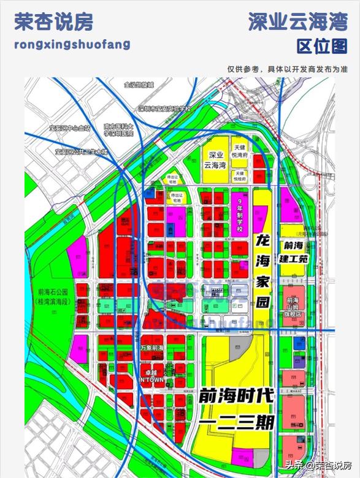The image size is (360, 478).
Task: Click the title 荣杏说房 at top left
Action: coord(53,23)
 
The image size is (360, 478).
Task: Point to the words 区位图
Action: coord(321,46)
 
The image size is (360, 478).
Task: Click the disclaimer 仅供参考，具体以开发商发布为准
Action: coord(288,69)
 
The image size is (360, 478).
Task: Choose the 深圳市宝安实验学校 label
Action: coord(165,108)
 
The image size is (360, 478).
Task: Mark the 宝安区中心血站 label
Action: coord(69,129)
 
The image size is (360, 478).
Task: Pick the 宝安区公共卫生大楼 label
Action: coord(81,151)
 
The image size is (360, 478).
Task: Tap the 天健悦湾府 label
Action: coord(240,153)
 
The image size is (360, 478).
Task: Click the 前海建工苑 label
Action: coord(293,252)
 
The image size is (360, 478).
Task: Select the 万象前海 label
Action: coord(151,348)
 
